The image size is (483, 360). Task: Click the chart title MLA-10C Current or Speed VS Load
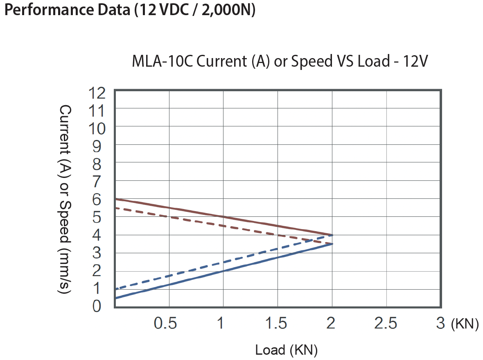tap(280, 62)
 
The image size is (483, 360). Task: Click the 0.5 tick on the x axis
tap(165, 324)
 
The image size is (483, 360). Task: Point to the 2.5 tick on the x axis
tap(386, 324)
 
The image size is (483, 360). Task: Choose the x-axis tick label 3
tap(440, 324)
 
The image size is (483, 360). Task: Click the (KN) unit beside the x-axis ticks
tap(465, 324)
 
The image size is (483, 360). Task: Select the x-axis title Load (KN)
tap(286, 350)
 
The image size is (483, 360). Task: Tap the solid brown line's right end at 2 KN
tap(332, 235)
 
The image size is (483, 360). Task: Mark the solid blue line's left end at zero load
tap(116, 298)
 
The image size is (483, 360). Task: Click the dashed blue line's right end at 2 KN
tap(332, 235)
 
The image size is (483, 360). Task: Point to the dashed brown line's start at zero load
tap(116, 208)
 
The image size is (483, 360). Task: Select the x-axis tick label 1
tap(221, 324)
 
